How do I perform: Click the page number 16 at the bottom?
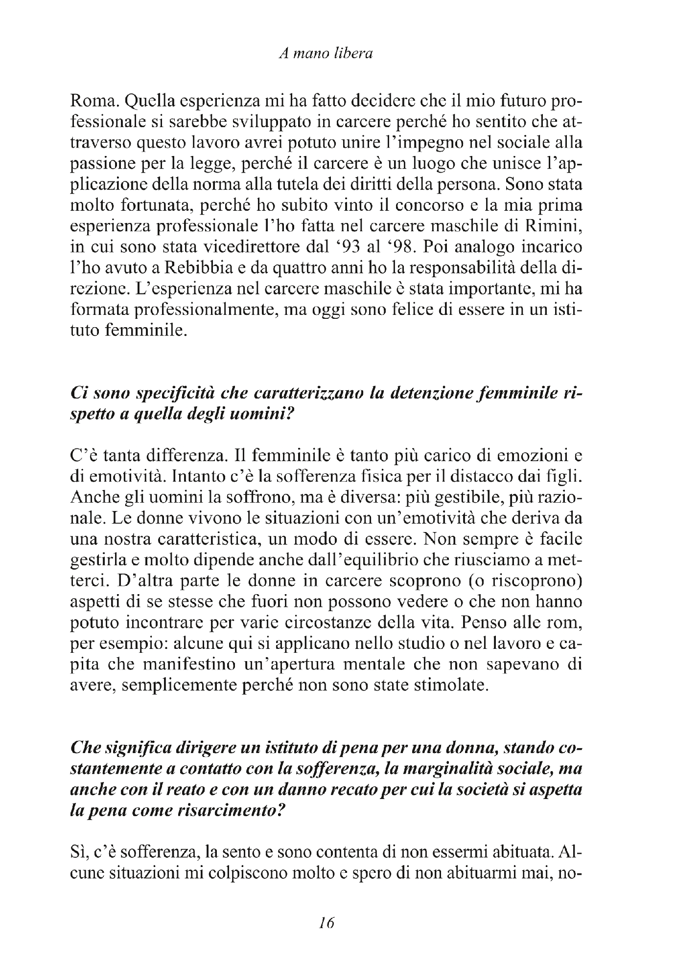[326, 923]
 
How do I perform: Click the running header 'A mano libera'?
[325, 54]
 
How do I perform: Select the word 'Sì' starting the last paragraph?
[79, 852]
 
